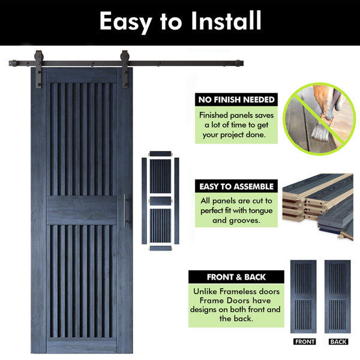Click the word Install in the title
point(226,20)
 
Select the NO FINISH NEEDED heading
point(236,100)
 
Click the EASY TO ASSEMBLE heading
point(236,186)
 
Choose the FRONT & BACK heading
point(236,277)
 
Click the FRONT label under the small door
point(305,341)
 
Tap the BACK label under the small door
point(338,341)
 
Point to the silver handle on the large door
point(125,211)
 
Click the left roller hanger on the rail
point(38,69)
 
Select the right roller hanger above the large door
point(125,69)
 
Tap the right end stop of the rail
point(240,63)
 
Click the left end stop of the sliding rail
point(13,63)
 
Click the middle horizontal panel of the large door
point(82,210)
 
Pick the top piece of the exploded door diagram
point(160,154)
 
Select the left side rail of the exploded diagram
point(144,200)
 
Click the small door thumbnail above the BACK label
point(337,296)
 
